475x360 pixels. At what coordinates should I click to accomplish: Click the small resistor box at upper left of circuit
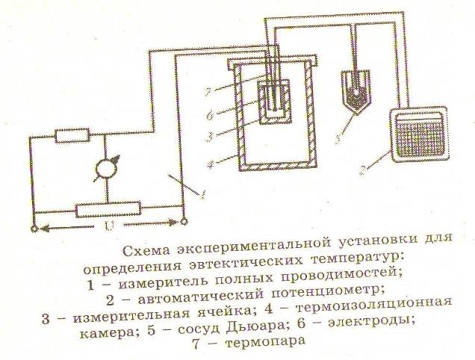point(72,136)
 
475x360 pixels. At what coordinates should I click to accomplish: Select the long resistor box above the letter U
point(109,209)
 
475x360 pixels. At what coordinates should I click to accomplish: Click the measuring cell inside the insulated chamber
point(273,104)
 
